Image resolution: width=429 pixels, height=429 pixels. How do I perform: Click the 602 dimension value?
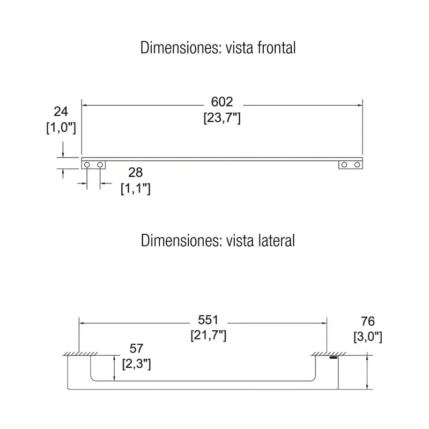[x=222, y=102]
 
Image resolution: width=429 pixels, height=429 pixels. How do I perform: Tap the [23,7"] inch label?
[x=222, y=118]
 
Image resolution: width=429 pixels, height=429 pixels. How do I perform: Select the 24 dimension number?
[x=61, y=112]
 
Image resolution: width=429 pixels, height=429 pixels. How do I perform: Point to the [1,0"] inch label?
[x=61, y=128]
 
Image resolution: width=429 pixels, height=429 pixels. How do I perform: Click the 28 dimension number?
[x=136, y=173]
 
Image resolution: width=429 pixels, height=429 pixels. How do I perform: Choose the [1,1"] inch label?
[x=136, y=189]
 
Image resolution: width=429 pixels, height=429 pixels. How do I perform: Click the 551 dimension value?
[x=208, y=320]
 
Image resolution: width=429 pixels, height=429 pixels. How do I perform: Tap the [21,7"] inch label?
[x=209, y=335]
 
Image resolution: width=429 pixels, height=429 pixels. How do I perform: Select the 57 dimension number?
[x=136, y=348]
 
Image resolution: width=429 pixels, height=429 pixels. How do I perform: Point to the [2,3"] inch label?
[x=136, y=364]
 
